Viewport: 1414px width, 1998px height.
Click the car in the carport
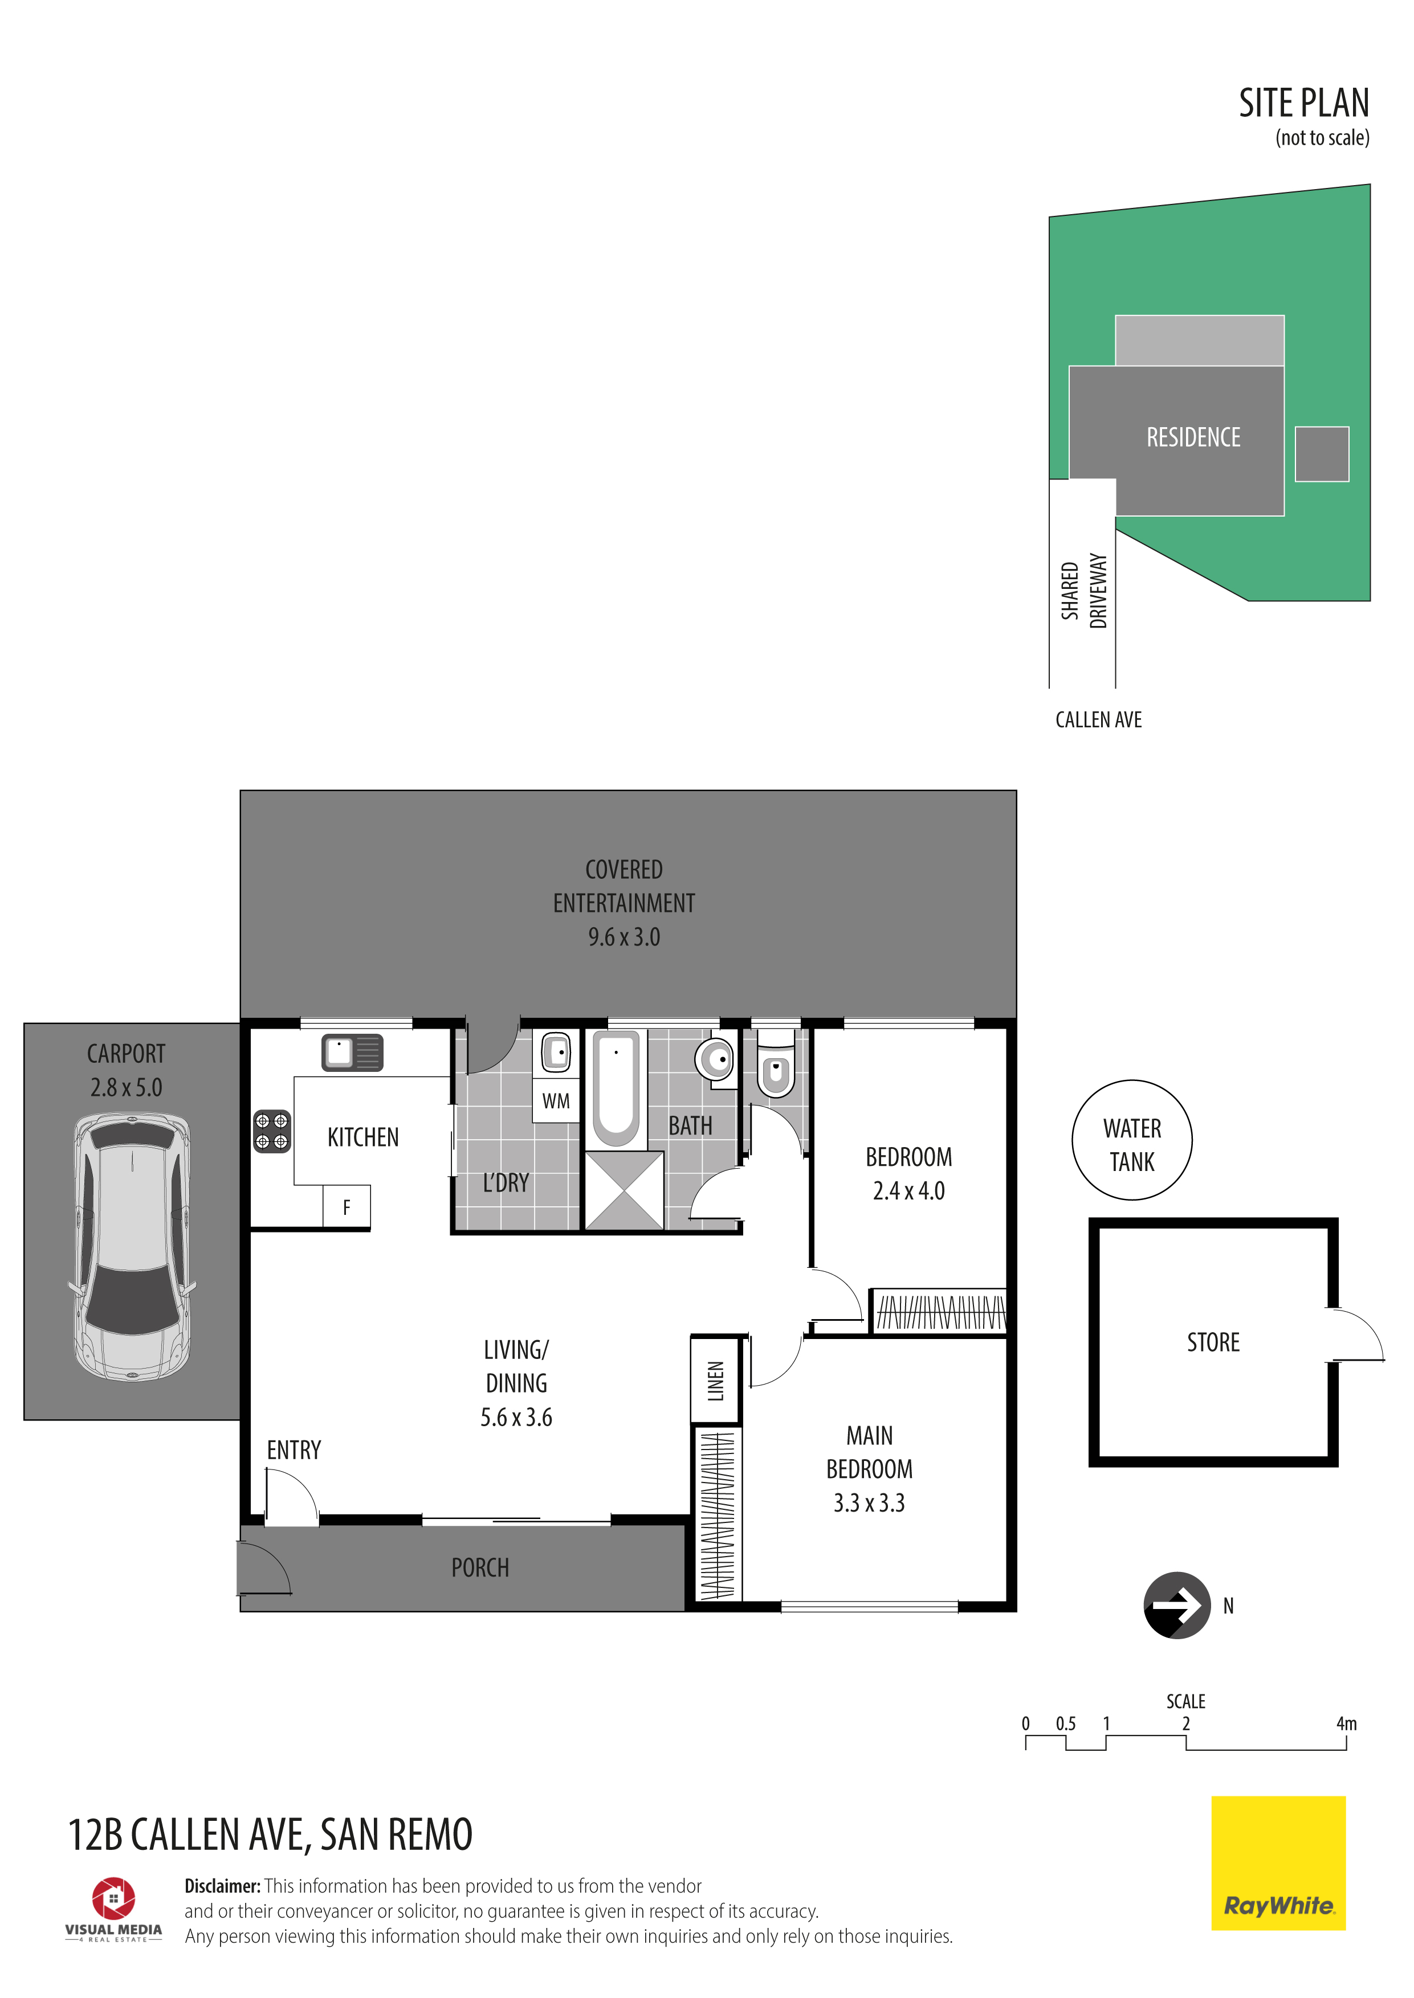coord(132,1246)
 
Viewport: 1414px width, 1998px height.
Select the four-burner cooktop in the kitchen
coord(272,1131)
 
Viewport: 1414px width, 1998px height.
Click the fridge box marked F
coord(347,1207)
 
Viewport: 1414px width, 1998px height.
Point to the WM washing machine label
coord(556,1101)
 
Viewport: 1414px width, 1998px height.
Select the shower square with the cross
coord(624,1190)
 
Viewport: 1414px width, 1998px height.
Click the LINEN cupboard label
coord(716,1381)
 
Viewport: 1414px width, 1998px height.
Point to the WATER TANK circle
coord(1132,1140)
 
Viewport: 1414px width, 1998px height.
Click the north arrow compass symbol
coord(1177,1606)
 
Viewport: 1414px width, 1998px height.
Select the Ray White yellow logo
coord(1278,1863)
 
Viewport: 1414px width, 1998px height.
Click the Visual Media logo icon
coord(114,1898)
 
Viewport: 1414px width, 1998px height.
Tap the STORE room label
coord(1213,1342)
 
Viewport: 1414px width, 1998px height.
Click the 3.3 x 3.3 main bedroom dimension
coord(869,1503)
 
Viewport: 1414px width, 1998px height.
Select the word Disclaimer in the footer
coord(222,1886)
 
